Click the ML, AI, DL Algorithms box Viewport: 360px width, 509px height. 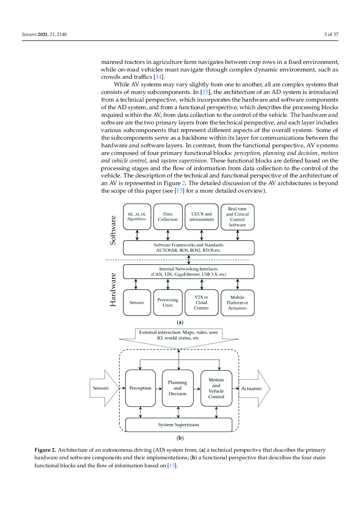137,217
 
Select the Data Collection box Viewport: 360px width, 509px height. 168,217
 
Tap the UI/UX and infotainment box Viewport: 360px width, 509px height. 201,217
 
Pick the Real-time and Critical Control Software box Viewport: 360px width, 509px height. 237,217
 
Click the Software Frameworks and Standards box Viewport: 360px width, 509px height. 188,247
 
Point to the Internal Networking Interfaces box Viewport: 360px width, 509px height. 188,271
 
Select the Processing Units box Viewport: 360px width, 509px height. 168,303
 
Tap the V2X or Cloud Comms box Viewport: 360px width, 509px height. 201,303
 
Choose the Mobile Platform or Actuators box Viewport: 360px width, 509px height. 237,303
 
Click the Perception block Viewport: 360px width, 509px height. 140,388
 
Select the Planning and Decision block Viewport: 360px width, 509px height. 177,388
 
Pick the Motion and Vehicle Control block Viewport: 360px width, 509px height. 216,388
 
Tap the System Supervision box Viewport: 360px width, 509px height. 179,425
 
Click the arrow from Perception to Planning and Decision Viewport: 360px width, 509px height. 159,389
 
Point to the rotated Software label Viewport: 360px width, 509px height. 113,230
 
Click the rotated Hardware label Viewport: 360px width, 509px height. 113,290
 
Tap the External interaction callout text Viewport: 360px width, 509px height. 179,335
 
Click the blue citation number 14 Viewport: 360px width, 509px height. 159,77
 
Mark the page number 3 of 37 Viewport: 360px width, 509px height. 331,34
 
